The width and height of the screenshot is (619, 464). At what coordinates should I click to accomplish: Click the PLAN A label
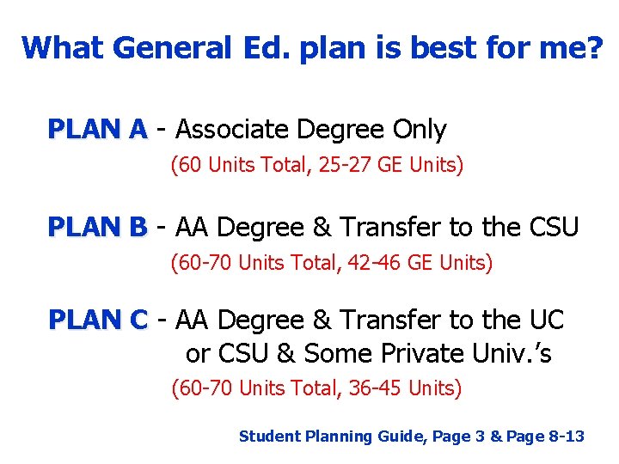98,130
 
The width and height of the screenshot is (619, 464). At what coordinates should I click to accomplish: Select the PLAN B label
98,228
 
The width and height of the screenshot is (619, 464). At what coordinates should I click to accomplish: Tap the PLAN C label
98,321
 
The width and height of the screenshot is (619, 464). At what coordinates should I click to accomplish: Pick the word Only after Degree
419,130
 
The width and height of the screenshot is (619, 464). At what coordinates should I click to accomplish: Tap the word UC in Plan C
547,321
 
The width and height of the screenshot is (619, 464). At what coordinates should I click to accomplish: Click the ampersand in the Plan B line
321,228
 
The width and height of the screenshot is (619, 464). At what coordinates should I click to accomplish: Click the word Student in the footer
266,437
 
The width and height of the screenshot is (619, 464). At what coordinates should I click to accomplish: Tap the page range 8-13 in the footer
567,437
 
